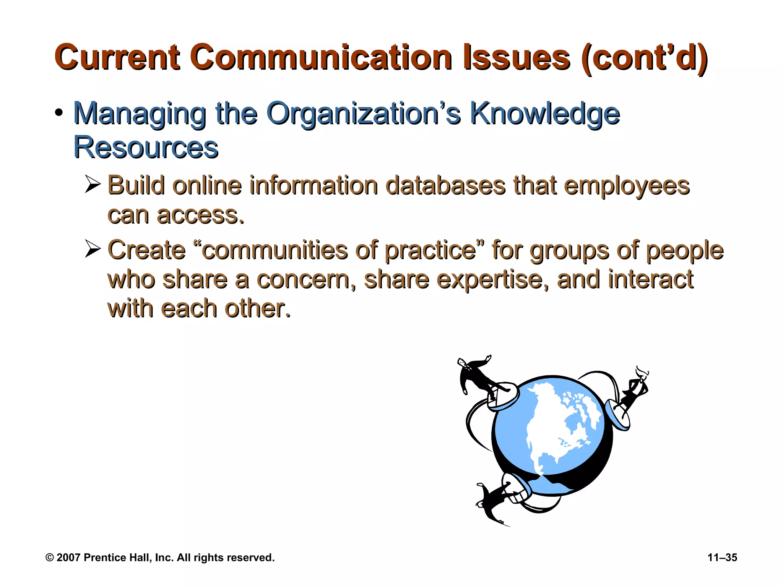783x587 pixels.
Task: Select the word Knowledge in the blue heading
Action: (544, 114)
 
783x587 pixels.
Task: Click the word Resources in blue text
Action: (146, 147)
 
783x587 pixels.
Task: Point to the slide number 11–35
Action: (722, 558)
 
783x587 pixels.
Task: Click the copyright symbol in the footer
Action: (50, 558)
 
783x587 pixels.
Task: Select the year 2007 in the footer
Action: (68, 558)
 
